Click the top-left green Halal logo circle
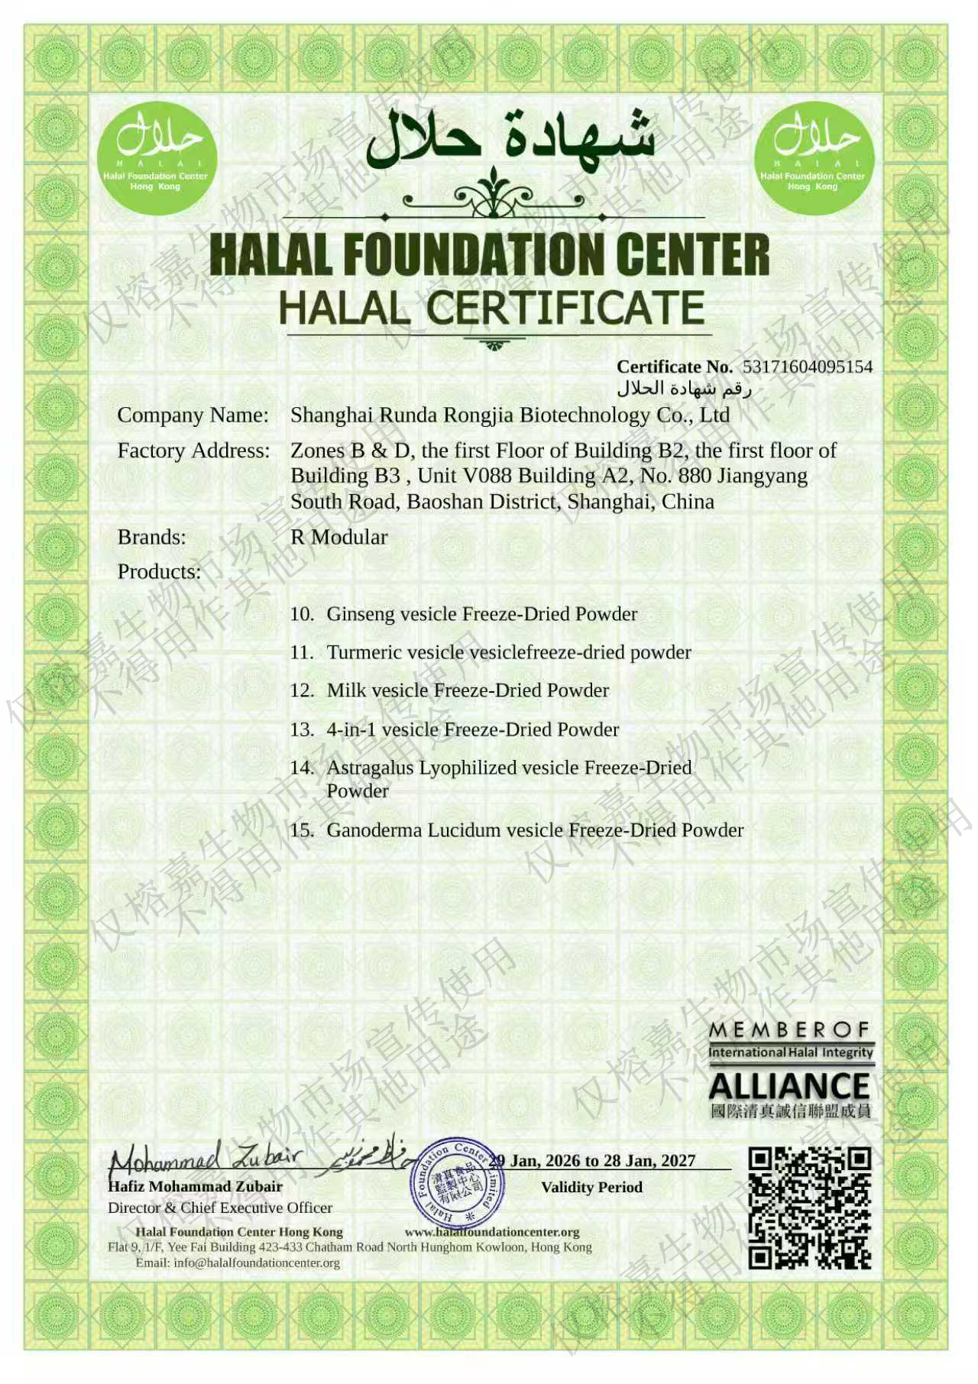158,158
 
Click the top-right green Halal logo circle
814,158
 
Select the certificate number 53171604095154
807,367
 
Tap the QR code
809,1208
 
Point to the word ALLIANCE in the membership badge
789,1086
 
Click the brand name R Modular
338,537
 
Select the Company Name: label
193,415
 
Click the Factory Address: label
193,451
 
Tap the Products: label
159,571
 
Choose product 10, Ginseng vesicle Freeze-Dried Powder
481,614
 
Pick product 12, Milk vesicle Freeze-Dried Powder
468,690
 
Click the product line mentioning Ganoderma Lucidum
535,830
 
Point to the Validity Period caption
591,1187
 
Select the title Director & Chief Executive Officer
220,1208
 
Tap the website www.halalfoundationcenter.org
492,1232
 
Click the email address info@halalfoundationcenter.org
256,1263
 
